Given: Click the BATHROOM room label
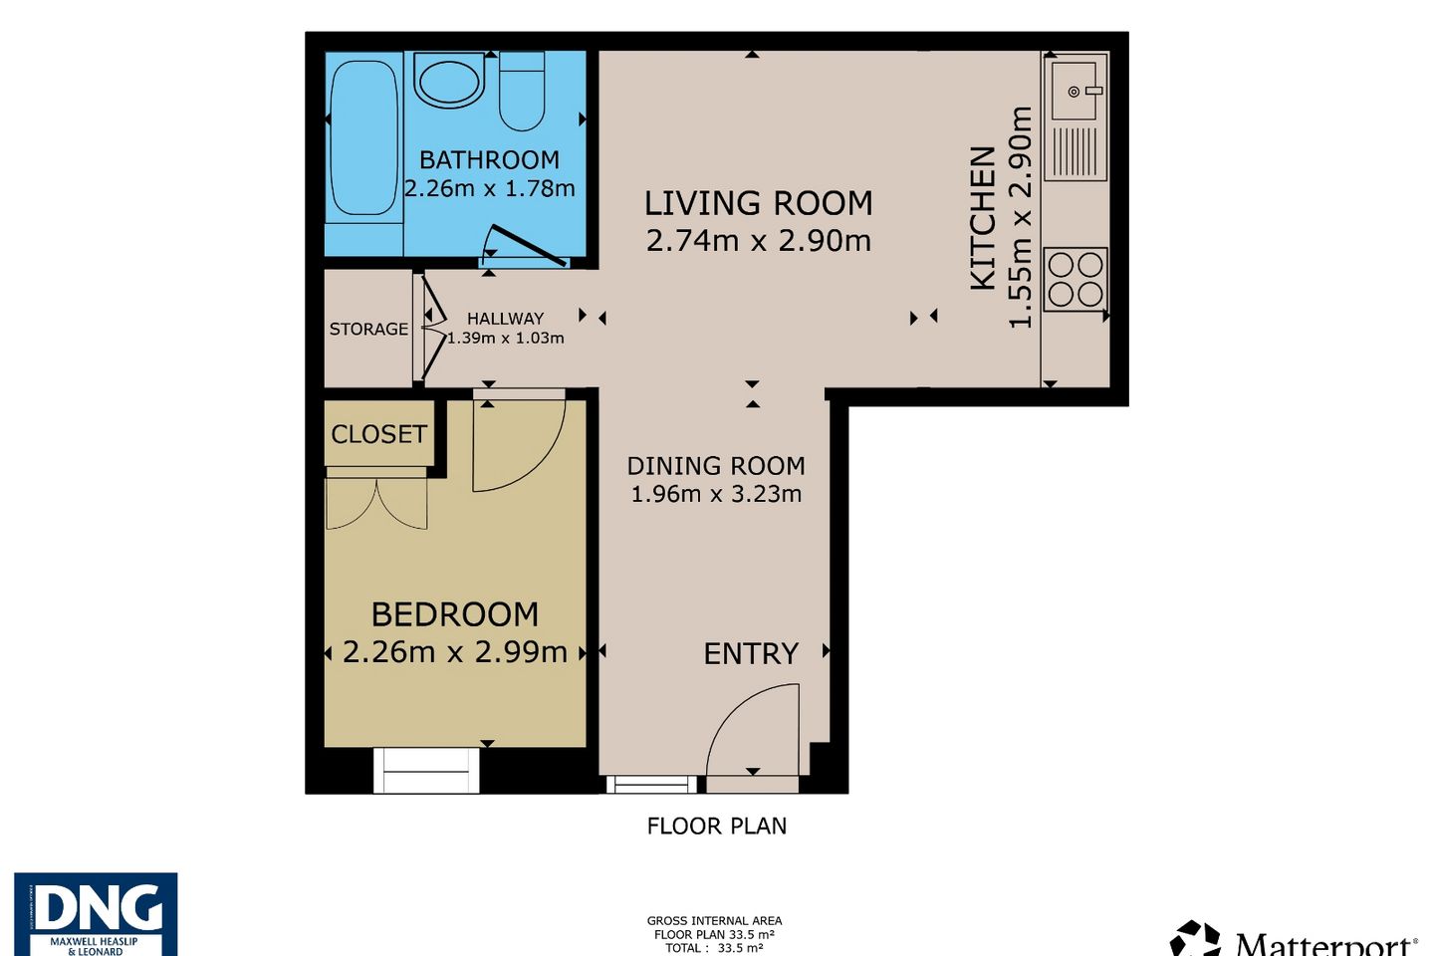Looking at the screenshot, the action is tap(489, 159).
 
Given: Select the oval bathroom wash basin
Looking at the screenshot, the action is tap(448, 80).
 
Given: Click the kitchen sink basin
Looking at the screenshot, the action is tap(1074, 91).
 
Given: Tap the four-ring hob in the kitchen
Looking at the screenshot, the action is tap(1075, 280).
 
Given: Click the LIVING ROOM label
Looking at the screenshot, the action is tap(758, 203).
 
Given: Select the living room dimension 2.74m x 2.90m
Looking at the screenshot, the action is tap(759, 241).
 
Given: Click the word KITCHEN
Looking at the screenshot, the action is tap(983, 218).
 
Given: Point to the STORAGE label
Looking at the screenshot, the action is tap(368, 330).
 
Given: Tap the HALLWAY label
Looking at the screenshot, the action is tap(505, 319).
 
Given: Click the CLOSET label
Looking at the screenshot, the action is tap(379, 435).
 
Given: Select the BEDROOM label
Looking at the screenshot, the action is tap(455, 614).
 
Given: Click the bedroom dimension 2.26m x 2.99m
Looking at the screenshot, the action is tap(455, 652).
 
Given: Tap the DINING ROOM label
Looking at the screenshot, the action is tap(716, 466).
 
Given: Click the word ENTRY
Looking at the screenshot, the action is tap(751, 654).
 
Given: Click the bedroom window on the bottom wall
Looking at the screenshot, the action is tap(426, 771).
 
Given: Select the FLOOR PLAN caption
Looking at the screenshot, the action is tap(717, 826).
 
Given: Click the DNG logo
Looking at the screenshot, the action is tap(96, 914).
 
